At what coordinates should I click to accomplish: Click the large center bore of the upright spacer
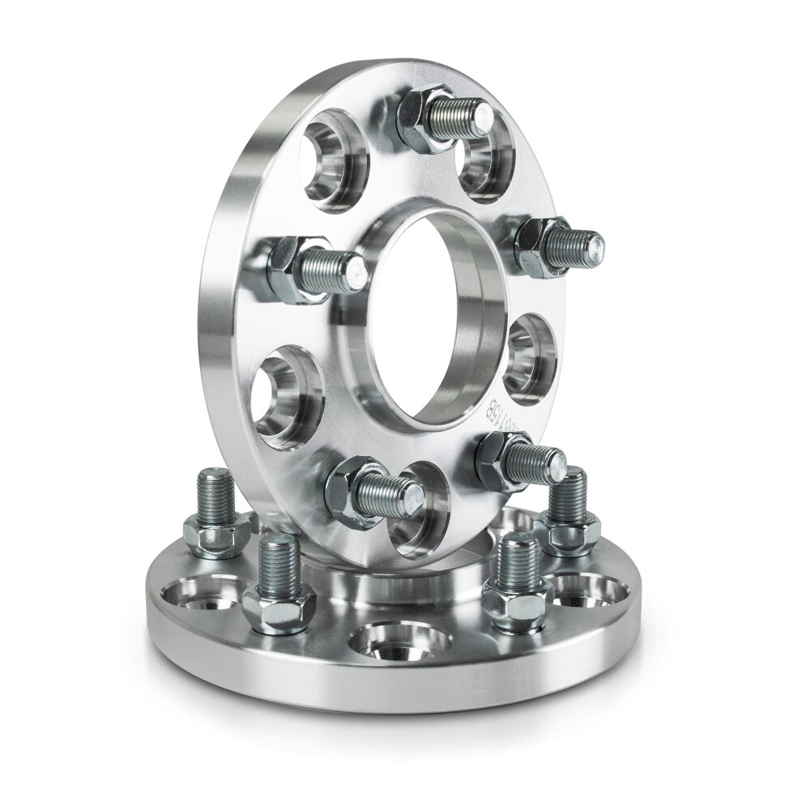(x=429, y=324)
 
